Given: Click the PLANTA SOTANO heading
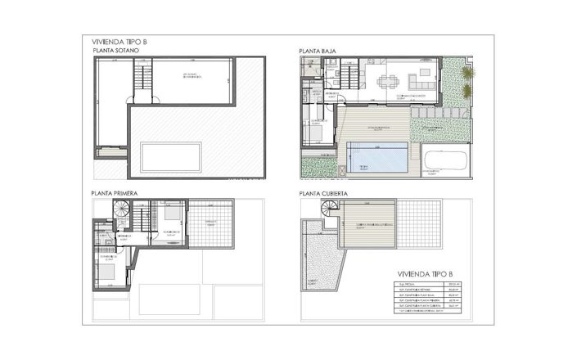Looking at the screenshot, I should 117,51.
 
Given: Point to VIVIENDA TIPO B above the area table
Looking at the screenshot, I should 424,274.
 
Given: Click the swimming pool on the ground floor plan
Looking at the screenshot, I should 377,155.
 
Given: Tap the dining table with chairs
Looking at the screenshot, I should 387,81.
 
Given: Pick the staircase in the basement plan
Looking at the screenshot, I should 143,79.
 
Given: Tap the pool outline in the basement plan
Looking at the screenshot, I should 171,155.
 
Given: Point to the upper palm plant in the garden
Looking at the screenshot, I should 467,74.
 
